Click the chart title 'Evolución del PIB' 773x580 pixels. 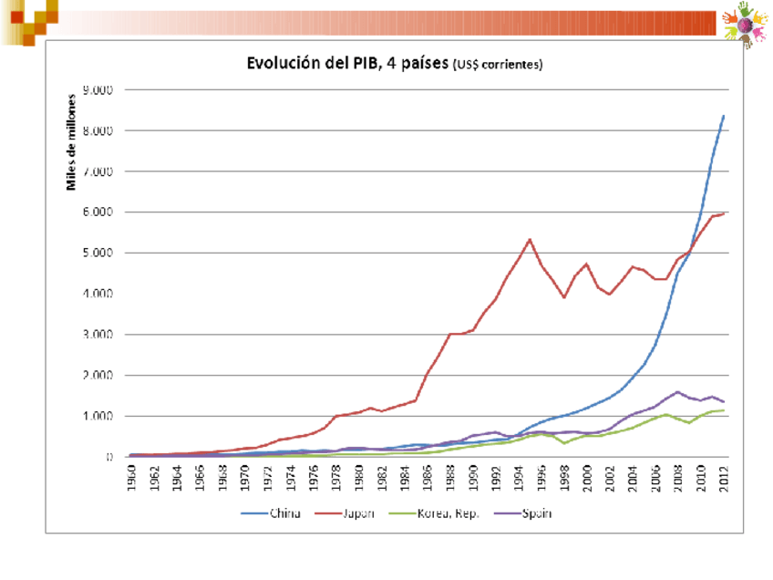point(347,64)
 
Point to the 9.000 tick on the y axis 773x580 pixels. point(98,90)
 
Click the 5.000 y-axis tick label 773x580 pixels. point(98,253)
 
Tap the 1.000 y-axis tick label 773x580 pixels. point(98,416)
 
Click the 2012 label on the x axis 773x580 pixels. point(724,479)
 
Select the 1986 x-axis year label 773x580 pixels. point(428,479)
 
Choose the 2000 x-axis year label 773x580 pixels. point(587,479)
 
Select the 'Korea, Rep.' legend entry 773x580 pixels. point(438,513)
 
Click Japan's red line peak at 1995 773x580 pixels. point(530,239)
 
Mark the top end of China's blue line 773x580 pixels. point(724,116)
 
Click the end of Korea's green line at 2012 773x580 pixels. point(724,410)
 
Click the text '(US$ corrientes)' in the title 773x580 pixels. point(497,66)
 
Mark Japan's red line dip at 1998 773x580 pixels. point(564,297)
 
